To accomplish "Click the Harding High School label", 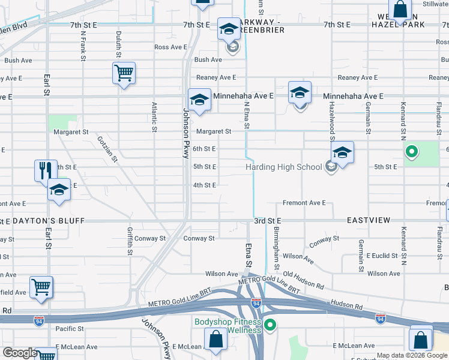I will click(283, 167).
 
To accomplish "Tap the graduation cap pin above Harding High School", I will click(342, 152).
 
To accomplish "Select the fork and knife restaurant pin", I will click(46, 170).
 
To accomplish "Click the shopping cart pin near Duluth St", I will click(124, 74).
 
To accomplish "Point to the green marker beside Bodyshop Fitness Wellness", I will click(270, 326).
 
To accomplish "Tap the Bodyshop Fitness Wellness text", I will click(228, 326).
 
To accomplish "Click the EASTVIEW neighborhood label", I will click(369, 221).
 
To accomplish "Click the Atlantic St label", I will click(154, 116).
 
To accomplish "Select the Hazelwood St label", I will click(331, 120).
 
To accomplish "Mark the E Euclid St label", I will click(382, 256).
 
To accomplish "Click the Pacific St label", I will click(70, 329).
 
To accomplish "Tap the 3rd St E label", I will click(267, 221).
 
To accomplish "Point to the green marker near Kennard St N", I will click(411, 152).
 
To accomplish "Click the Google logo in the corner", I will click(19, 353).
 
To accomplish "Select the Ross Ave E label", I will click(171, 47).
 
